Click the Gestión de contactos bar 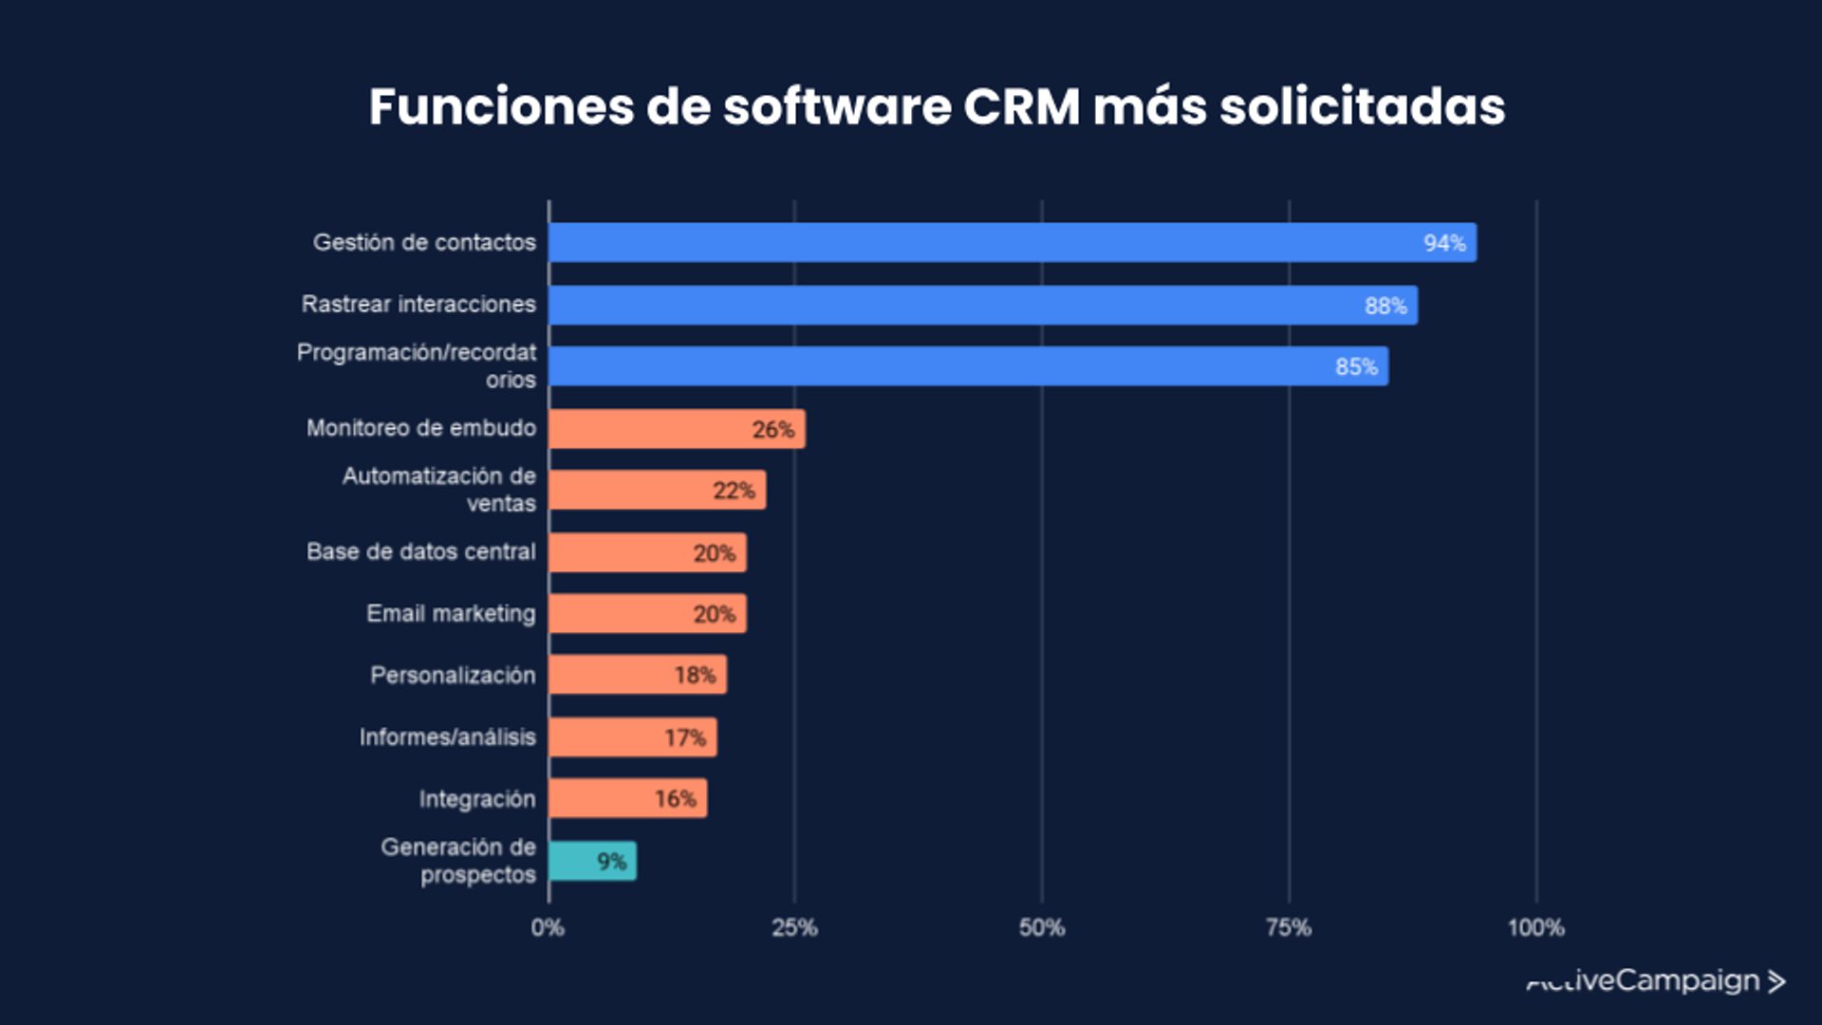pos(1012,243)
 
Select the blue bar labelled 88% pos(982,306)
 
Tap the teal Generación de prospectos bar pos(592,862)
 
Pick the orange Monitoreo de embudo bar pos(677,429)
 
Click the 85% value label pos(1356,367)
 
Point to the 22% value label pos(734,491)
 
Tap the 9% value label pos(611,862)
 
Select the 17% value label pos(684,737)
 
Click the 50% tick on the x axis pos(1041,927)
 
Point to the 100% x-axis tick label pos(1535,927)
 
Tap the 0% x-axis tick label pos(548,927)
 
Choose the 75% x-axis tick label pos(1288,927)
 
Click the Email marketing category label pos(451,614)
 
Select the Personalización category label pos(453,676)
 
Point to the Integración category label pos(477,799)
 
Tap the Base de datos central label pos(421,552)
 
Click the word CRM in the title pos(1021,106)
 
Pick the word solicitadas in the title pos(1362,106)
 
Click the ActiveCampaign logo pos(1656,981)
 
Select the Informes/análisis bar pos(632,737)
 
